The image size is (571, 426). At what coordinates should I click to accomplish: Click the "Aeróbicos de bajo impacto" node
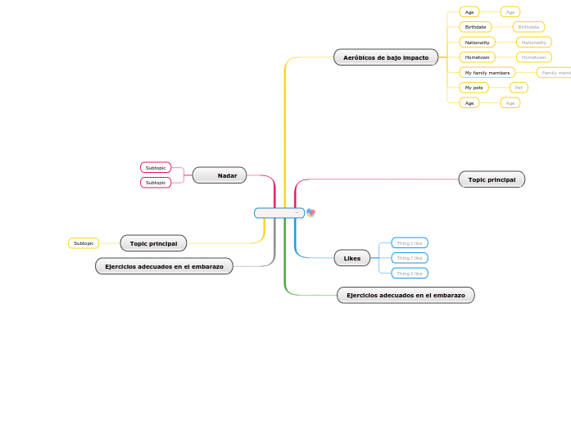coord(386,57)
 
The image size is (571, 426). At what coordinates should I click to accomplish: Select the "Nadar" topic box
coord(220,175)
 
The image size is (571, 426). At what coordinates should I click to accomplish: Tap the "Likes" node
coord(352,258)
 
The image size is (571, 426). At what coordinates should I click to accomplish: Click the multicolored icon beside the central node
coord(310,213)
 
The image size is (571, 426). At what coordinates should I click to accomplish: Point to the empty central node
coord(279,213)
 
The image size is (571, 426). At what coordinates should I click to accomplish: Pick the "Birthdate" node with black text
coord(475,27)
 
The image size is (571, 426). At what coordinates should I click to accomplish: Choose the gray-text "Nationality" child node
coord(533,42)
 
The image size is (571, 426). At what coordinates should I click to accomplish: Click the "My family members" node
coord(487,72)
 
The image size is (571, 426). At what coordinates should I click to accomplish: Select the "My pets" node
coord(474,87)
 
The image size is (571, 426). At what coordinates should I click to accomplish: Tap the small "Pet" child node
coord(519,87)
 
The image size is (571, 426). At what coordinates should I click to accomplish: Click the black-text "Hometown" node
coord(477,57)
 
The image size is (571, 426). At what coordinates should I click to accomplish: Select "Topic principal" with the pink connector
coord(492,179)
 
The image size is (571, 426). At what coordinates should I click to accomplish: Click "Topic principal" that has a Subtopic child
coord(153,243)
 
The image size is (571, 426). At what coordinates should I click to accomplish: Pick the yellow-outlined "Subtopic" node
coord(84,243)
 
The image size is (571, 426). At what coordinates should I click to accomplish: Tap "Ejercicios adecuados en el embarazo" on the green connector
coord(406,295)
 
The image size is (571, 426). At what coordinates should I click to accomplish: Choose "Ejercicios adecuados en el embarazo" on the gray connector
coord(164,266)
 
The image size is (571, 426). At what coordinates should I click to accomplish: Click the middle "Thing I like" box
coord(410,258)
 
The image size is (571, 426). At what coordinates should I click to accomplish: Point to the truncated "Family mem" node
coord(555,72)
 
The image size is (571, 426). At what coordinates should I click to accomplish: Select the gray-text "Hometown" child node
coord(533,57)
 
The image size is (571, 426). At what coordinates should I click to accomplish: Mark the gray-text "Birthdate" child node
coord(528,27)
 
